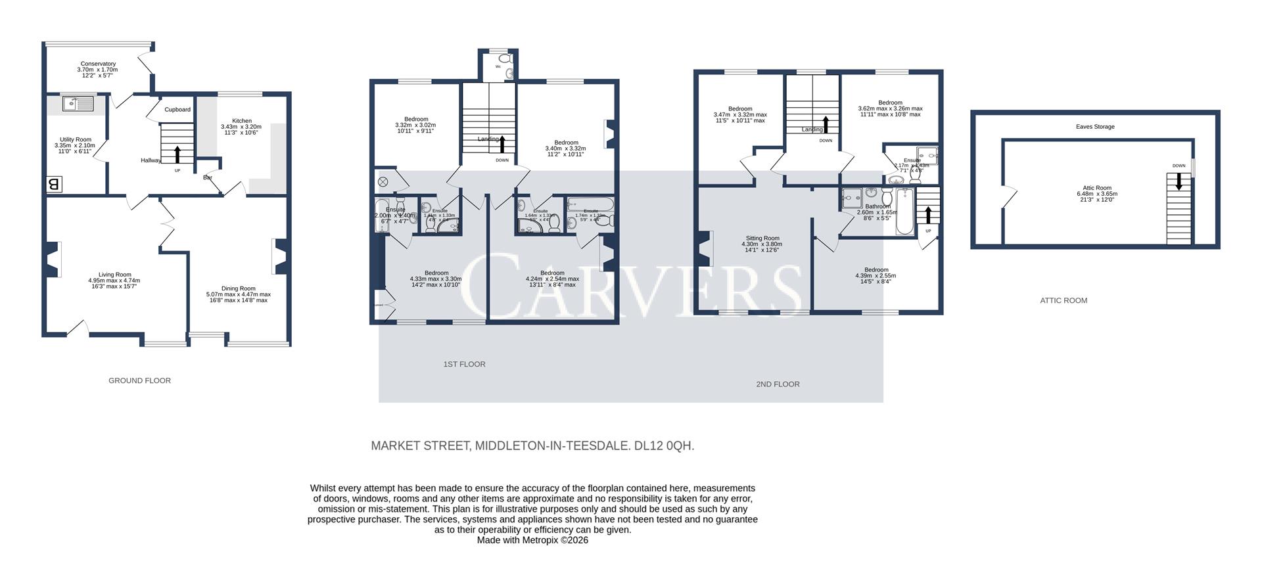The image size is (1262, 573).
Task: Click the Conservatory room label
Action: tap(98, 64)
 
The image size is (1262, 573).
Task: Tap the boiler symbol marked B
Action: tap(54, 185)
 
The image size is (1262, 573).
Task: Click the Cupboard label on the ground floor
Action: tap(177, 110)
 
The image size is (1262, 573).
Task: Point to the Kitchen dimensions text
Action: tap(241, 130)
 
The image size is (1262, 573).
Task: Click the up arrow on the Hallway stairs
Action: tap(177, 154)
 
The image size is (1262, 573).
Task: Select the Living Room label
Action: tap(114, 275)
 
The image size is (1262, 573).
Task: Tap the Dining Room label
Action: tap(238, 288)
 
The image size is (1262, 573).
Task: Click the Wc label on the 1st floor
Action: tap(498, 66)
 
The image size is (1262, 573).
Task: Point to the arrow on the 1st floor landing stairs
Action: tap(503, 143)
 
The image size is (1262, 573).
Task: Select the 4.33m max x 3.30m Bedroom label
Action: tap(436, 273)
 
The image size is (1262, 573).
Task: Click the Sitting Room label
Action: tap(762, 239)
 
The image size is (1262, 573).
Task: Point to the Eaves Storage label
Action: tap(1095, 127)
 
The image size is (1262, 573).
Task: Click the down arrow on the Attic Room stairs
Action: tap(1179, 181)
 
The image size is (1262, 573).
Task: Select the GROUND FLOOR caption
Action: tap(139, 380)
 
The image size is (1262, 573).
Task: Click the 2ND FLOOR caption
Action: tap(778, 384)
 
